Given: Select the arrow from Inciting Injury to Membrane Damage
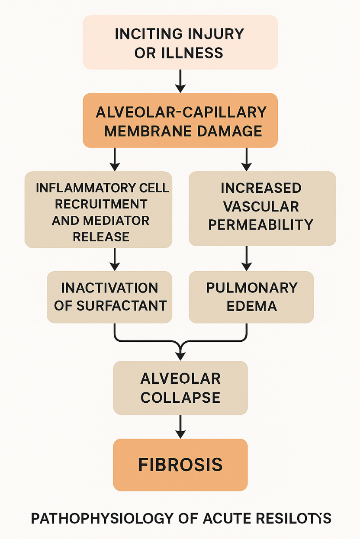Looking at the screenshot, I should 180,81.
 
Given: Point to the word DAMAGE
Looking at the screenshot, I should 232,131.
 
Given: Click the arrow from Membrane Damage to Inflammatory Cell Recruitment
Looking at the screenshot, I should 115,159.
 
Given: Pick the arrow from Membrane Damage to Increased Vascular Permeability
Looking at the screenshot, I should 246,159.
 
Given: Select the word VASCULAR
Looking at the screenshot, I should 261,206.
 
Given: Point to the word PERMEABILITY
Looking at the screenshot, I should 261,225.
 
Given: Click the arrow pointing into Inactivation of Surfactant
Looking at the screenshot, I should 115,259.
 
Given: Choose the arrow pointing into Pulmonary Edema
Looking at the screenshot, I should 246,259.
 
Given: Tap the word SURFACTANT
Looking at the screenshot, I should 122,306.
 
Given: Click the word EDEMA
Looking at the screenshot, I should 252,306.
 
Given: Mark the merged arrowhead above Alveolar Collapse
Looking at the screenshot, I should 180,353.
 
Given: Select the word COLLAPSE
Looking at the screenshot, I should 180,398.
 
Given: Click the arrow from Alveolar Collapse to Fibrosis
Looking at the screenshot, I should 180,427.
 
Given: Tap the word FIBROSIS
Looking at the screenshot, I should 180,465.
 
